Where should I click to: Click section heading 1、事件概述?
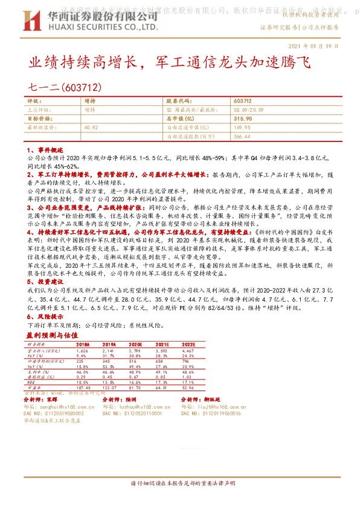(45, 149)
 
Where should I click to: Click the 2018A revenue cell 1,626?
(82, 350)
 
